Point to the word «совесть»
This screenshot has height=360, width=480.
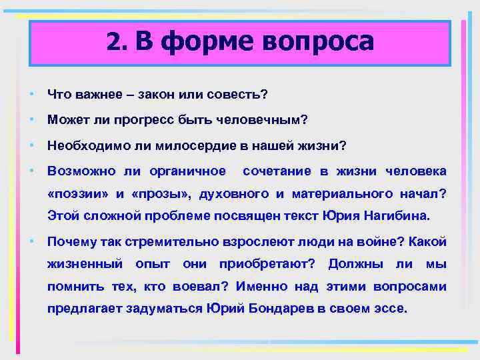241,95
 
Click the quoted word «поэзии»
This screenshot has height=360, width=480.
79,194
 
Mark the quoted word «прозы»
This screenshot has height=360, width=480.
157,194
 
